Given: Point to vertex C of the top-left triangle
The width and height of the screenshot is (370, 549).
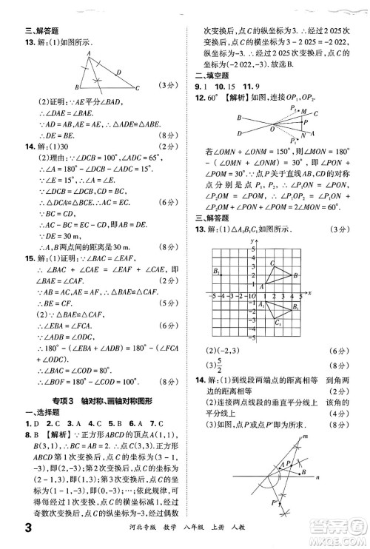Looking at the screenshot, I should click(x=138, y=88).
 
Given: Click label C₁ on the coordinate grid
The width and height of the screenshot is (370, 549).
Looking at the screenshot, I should click(x=277, y=323).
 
